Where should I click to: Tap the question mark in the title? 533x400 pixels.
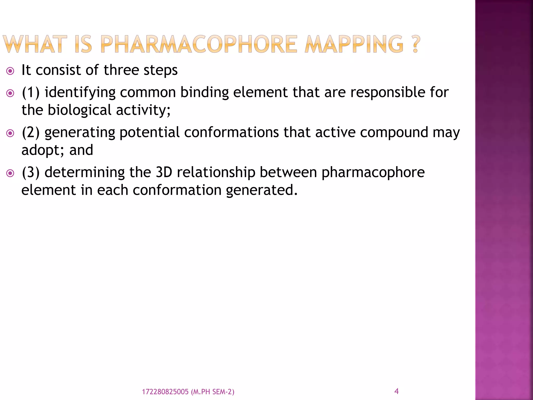click(416, 44)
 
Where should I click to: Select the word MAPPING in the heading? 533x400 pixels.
click(354, 44)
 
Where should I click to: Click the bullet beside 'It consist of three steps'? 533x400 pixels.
click(10, 71)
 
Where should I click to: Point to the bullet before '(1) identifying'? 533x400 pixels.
click(10, 93)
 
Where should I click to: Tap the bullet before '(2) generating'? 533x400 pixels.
click(10, 133)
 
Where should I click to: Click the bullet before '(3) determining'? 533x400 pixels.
click(10, 173)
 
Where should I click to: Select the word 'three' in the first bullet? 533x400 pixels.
click(121, 70)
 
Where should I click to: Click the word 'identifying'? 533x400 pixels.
click(80, 93)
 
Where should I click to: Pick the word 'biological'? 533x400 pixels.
click(79, 110)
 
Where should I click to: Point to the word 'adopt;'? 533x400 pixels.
click(43, 151)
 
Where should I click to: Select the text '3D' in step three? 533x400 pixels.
click(164, 172)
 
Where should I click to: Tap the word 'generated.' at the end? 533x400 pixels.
click(261, 190)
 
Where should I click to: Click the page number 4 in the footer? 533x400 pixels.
click(396, 391)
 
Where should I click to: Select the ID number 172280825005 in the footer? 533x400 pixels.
click(165, 392)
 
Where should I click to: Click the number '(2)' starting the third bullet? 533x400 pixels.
click(31, 132)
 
